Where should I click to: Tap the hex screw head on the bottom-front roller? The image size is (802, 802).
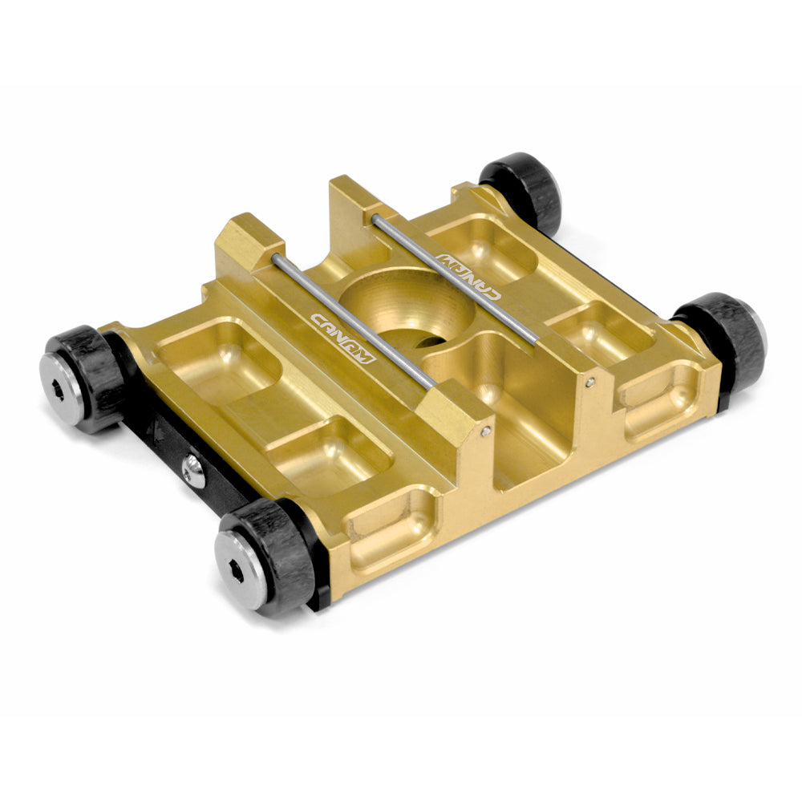[x=241, y=569]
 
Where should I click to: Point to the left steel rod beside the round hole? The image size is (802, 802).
[x=353, y=321]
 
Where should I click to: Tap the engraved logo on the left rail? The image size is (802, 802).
[x=342, y=337]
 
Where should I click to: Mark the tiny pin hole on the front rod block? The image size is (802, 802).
[x=486, y=432]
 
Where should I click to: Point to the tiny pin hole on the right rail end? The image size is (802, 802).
[x=591, y=383]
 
